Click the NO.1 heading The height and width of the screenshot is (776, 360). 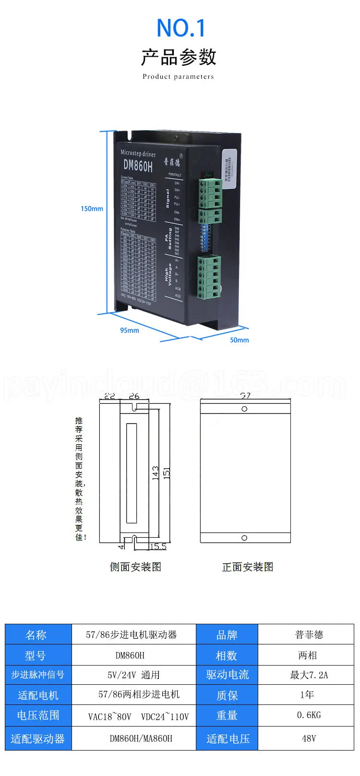pyautogui.click(x=180, y=28)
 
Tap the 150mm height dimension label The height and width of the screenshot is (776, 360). pyautogui.click(x=92, y=209)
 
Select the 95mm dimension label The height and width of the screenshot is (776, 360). pyautogui.click(x=130, y=330)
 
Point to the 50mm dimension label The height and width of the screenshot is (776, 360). pyautogui.click(x=240, y=340)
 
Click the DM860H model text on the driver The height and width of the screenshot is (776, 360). pyautogui.click(x=138, y=166)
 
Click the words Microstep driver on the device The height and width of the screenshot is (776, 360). pyautogui.click(x=138, y=154)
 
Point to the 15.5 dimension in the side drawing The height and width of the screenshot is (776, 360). pyautogui.click(x=158, y=546)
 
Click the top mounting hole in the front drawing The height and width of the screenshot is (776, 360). pyautogui.click(x=244, y=409)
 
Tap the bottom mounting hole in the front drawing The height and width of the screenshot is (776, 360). pyautogui.click(x=244, y=538)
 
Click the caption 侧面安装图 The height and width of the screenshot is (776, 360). pyautogui.click(x=135, y=567)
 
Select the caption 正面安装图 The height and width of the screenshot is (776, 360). pyautogui.click(x=248, y=567)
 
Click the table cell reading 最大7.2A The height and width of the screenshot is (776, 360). pyautogui.click(x=309, y=675)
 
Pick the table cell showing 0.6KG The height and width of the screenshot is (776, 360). pyautogui.click(x=309, y=715)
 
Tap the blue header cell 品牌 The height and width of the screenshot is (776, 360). pyautogui.click(x=227, y=635)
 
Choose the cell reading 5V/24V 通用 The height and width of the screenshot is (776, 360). pyautogui.click(x=133, y=675)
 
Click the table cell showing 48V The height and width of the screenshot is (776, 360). pyautogui.click(x=309, y=739)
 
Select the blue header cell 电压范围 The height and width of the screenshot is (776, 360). pyautogui.click(x=38, y=715)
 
